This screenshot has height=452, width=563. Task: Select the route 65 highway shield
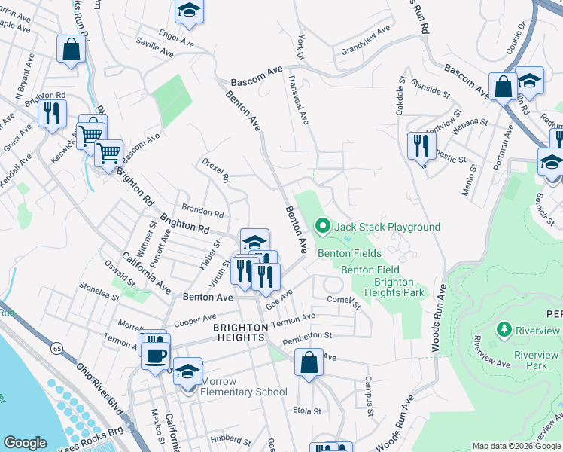pos(57,348)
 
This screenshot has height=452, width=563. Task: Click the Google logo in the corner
pos(26,443)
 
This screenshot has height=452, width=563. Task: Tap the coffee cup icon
pos(157,355)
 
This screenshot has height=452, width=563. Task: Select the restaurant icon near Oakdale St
pos(421,145)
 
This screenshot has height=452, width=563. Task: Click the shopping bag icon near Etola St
pos(309,362)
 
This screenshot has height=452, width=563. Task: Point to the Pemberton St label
pos(307,338)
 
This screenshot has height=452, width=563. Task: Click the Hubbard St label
pos(225,439)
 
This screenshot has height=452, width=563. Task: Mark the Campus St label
pos(369,396)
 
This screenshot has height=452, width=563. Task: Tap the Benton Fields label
pos(348,253)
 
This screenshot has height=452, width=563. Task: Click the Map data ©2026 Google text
pos(516,446)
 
